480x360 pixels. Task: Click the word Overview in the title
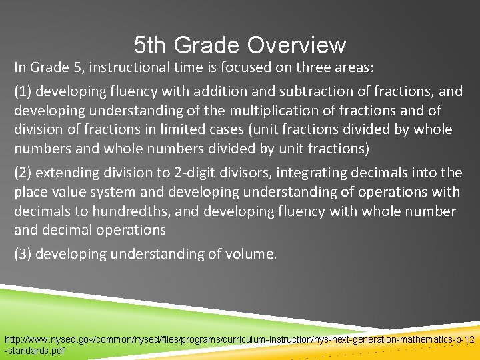(x=297, y=45)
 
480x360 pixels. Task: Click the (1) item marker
(x=23, y=91)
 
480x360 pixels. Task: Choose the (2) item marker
(x=23, y=173)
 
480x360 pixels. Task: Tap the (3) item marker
(x=23, y=254)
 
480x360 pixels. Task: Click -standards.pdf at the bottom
(x=35, y=351)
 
